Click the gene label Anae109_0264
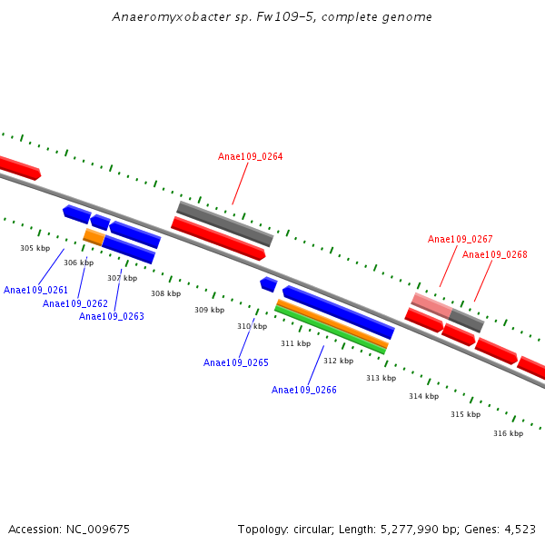[x=250, y=156]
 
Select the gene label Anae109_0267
[x=460, y=239]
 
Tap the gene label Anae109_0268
[x=494, y=254]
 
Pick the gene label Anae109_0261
[x=35, y=290]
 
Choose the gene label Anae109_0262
[x=74, y=303]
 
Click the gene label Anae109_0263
[x=111, y=316]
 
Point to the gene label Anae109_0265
[x=235, y=362]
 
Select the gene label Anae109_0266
[x=303, y=390]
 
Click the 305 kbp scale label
[x=35, y=248]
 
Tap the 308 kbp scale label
[x=165, y=293]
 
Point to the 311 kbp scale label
[x=295, y=343]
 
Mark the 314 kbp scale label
[x=423, y=396]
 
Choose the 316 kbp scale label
[x=508, y=433]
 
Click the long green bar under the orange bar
[x=330, y=330]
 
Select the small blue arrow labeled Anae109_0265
[x=268, y=284]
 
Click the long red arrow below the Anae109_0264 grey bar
[x=218, y=238]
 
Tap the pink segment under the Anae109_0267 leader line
[x=431, y=304]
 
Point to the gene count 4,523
[x=519, y=529]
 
